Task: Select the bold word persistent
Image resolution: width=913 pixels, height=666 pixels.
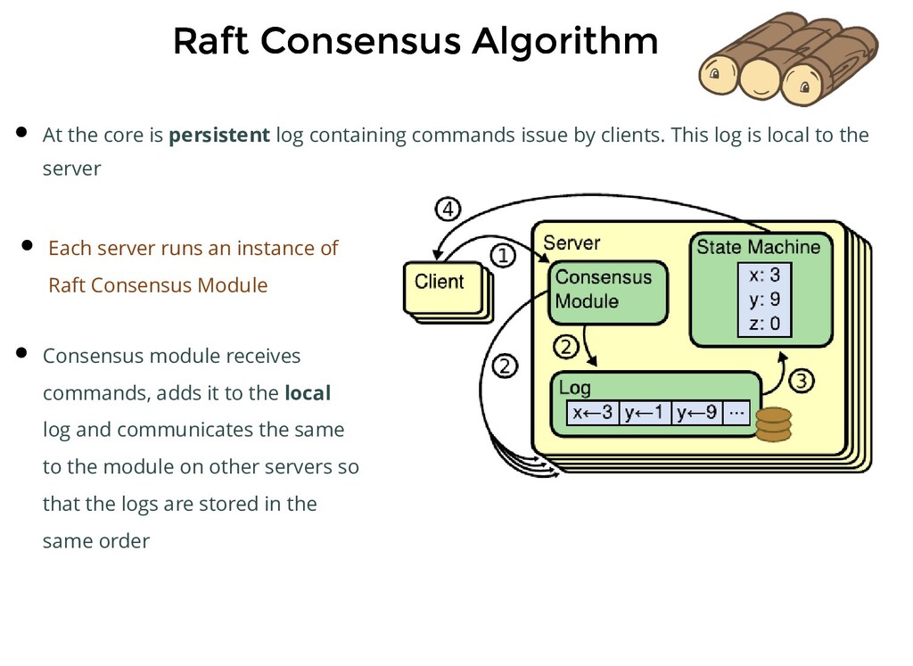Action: tap(219, 136)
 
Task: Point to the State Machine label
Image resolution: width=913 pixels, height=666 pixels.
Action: tap(758, 247)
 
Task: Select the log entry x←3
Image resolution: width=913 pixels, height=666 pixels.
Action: tap(593, 413)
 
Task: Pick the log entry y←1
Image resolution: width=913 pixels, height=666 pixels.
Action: tap(643, 413)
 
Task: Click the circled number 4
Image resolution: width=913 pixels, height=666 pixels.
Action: tap(448, 211)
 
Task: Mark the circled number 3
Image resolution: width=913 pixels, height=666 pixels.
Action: tap(801, 382)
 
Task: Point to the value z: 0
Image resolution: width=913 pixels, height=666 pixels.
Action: tap(764, 323)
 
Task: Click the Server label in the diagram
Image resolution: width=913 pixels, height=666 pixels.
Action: tap(572, 243)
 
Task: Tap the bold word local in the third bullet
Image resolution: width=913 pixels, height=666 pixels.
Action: tap(308, 393)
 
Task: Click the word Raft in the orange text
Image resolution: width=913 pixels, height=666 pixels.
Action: tap(67, 285)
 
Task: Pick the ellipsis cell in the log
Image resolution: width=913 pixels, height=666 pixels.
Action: tap(736, 413)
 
